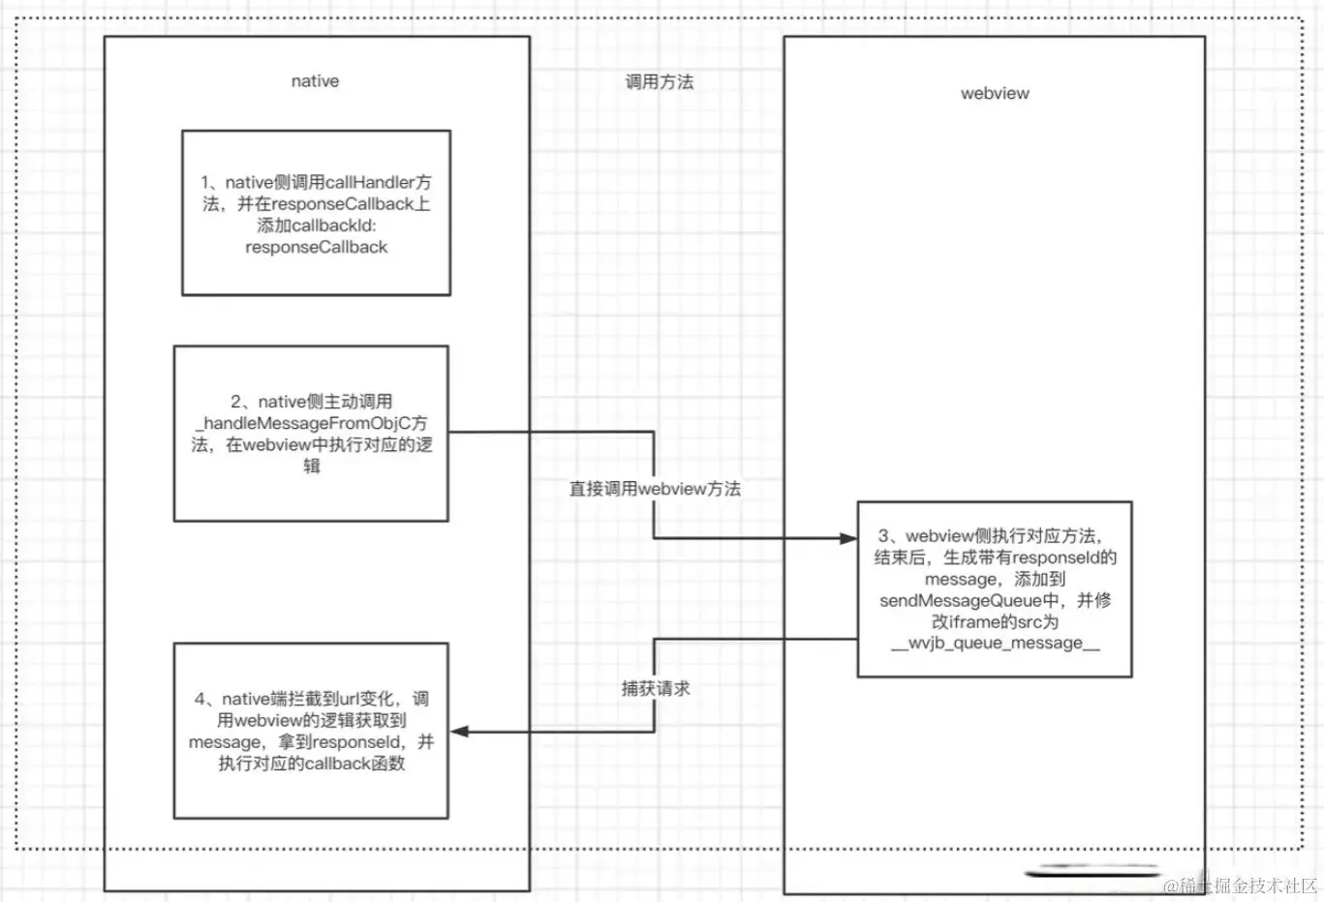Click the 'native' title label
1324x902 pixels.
315,81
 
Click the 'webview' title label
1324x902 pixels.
995,93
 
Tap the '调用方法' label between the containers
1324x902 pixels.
659,82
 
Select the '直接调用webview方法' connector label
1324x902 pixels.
655,489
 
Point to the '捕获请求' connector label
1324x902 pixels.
656,688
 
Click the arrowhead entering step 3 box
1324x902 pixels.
847,538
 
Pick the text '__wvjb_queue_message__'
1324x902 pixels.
995,643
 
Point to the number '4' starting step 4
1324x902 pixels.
200,699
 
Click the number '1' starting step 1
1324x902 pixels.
205,182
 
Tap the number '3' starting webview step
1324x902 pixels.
883,535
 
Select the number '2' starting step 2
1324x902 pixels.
236,402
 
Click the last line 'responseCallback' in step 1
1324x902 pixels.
316,247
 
